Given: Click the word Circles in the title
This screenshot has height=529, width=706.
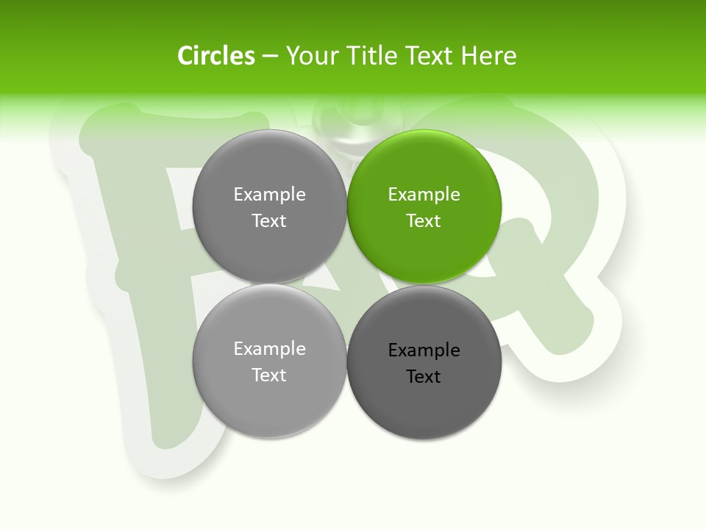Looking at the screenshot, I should pyautogui.click(x=216, y=56).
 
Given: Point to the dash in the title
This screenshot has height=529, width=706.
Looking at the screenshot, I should pyautogui.click(x=270, y=57).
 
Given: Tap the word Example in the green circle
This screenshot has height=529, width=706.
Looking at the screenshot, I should pyautogui.click(x=424, y=195).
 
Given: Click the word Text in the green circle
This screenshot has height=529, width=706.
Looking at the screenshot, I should pyautogui.click(x=424, y=221).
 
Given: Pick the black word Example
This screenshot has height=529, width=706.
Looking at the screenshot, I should pyautogui.click(x=424, y=350).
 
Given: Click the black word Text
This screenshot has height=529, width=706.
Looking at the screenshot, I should pyautogui.click(x=424, y=377).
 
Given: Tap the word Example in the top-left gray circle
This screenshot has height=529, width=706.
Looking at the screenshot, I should pyautogui.click(x=269, y=195).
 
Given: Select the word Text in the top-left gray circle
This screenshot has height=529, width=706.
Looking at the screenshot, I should pyautogui.click(x=269, y=221).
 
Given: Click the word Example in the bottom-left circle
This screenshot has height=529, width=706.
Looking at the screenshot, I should pyautogui.click(x=269, y=349).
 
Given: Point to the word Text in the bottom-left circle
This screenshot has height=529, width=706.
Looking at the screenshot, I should pyautogui.click(x=269, y=375).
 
